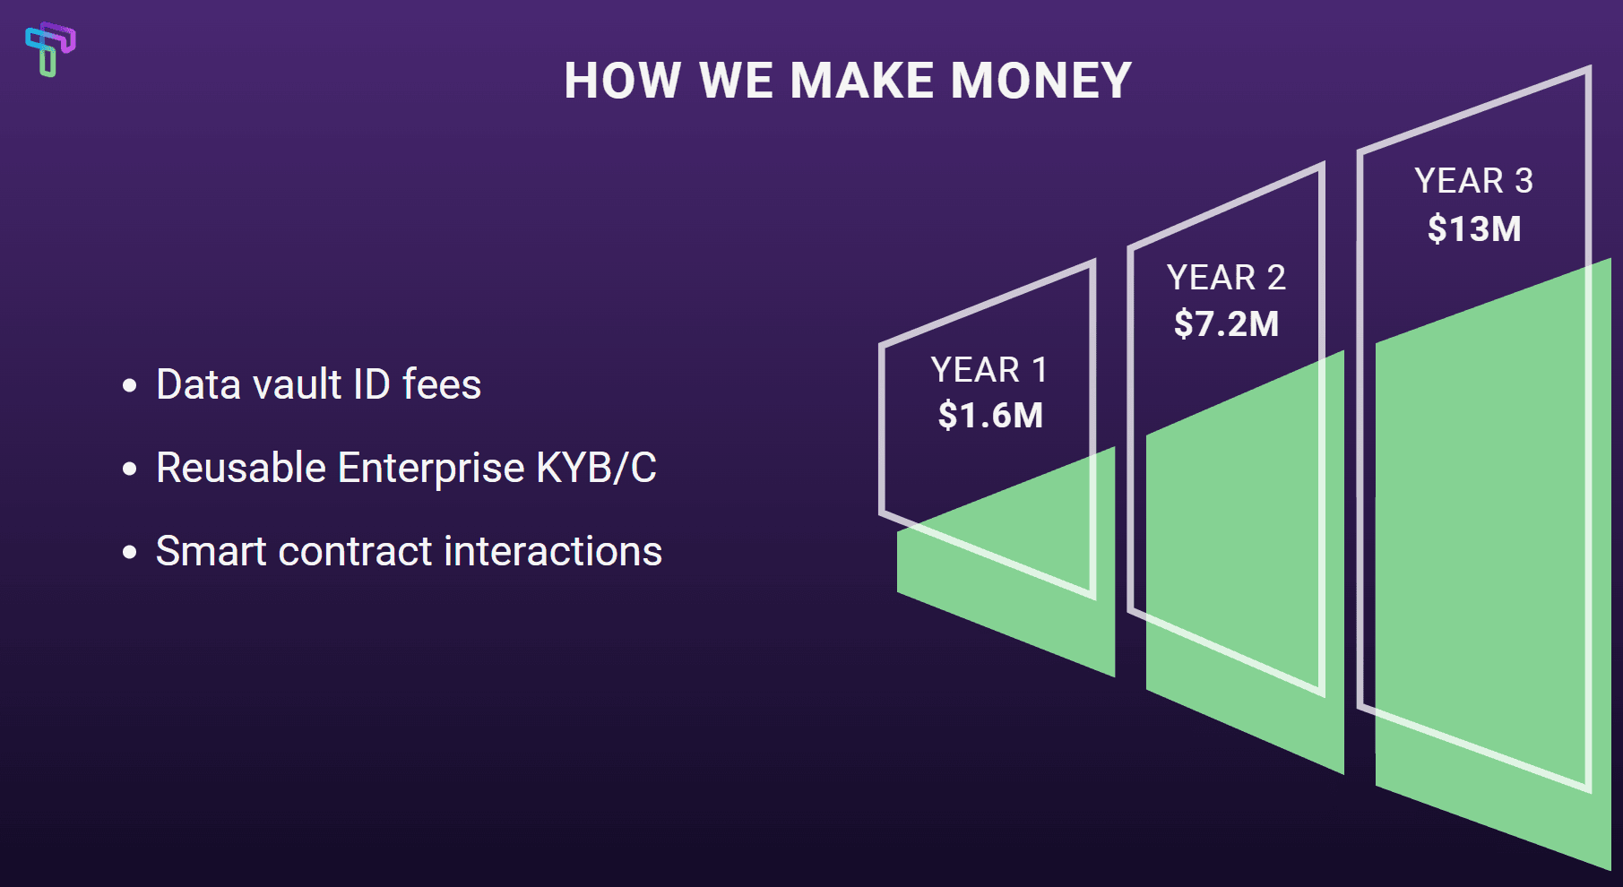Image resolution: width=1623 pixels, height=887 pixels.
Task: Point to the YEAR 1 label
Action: (x=989, y=370)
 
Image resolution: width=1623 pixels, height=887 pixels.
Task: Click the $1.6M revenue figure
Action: (x=990, y=416)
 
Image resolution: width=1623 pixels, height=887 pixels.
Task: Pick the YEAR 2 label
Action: (x=1226, y=278)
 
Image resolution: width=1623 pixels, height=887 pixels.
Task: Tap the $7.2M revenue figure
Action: (x=1226, y=323)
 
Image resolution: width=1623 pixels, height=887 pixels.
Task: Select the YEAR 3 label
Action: (x=1474, y=181)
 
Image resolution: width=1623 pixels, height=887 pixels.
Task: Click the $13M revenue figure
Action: (x=1474, y=228)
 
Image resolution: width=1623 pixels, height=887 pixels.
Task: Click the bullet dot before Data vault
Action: (x=130, y=386)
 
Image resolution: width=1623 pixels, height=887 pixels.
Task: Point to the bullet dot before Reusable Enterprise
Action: (x=130, y=469)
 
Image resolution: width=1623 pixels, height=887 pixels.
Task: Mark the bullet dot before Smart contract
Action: (x=130, y=552)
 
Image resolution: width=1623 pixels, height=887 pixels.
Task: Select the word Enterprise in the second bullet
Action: (x=431, y=468)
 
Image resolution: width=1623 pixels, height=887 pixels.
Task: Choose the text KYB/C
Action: (x=597, y=468)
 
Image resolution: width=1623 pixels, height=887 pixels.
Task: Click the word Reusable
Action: (x=240, y=468)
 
